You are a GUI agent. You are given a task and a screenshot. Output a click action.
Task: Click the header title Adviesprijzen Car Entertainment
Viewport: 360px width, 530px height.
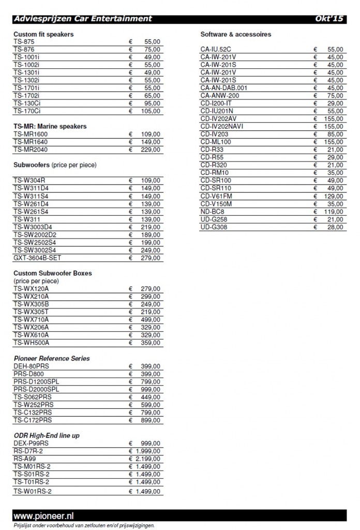(83, 19)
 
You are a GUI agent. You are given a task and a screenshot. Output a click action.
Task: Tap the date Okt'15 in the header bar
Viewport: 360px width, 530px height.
(329, 19)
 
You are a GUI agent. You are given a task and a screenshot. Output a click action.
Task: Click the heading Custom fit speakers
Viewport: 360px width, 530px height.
(43, 34)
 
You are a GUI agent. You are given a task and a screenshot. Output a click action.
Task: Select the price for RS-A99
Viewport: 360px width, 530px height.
(148, 458)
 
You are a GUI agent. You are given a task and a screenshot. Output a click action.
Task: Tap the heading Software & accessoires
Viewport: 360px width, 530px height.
(236, 34)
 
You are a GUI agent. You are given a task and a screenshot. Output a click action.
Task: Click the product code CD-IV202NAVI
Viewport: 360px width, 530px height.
(224, 126)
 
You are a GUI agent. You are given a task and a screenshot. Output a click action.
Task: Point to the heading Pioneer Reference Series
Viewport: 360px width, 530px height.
(52, 358)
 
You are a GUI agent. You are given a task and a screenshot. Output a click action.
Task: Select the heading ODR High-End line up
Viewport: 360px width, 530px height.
(47, 435)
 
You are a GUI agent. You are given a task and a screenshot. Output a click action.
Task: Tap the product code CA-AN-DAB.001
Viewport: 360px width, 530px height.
(224, 88)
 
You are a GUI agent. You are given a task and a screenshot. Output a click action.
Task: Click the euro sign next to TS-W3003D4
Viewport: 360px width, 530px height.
(131, 227)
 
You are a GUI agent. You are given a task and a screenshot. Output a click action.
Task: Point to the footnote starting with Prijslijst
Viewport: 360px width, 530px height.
(84, 525)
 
